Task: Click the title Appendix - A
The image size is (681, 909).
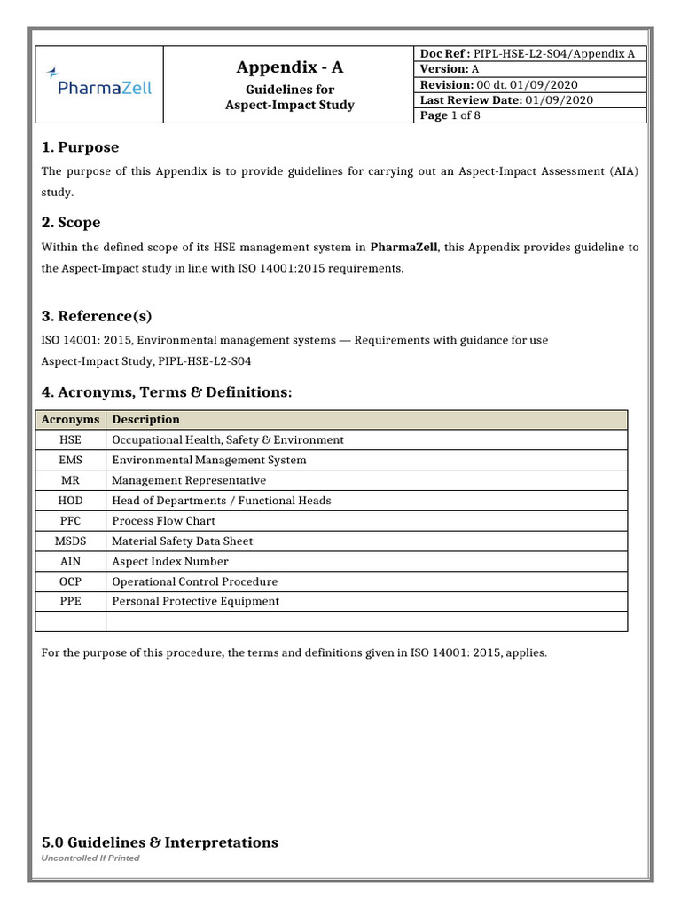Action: (x=289, y=67)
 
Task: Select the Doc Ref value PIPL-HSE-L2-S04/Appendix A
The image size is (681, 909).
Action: (x=555, y=53)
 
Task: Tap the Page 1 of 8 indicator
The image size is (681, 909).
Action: (x=450, y=115)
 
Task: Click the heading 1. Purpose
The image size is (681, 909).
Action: (x=80, y=147)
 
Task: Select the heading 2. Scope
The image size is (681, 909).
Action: (x=71, y=223)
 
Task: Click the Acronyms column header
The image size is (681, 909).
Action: (x=70, y=419)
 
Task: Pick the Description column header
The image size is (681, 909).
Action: (x=145, y=419)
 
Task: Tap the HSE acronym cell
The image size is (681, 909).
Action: (x=70, y=439)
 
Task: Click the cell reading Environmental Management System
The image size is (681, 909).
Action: (x=208, y=460)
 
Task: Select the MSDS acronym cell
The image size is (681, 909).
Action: (x=70, y=541)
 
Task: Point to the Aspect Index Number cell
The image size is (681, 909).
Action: (x=169, y=561)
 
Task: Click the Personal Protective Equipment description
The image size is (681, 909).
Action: (x=195, y=601)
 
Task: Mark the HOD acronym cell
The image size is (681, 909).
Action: (x=70, y=501)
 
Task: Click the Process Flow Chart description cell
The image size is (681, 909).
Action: (x=163, y=521)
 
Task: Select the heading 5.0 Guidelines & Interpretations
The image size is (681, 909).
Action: (x=160, y=842)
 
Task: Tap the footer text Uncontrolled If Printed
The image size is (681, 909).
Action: (x=90, y=858)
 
